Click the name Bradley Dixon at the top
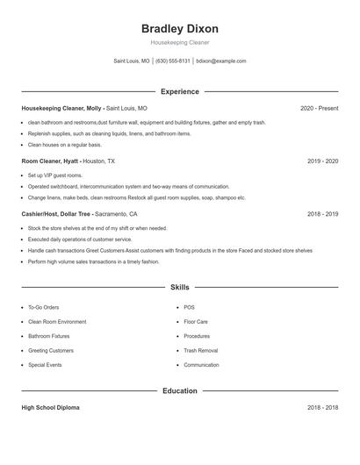(x=179, y=28)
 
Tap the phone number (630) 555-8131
(x=173, y=61)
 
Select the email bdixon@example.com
(x=221, y=61)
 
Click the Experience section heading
(x=179, y=91)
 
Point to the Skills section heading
(x=179, y=287)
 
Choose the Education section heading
(x=179, y=390)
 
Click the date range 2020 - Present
(x=319, y=108)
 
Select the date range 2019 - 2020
(x=322, y=161)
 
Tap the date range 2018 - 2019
(x=322, y=213)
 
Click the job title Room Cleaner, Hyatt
(x=50, y=161)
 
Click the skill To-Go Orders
(x=43, y=308)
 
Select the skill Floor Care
(x=196, y=322)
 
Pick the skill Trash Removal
(x=200, y=350)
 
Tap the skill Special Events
(x=45, y=364)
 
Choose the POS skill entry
(x=189, y=308)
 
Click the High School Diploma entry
(x=51, y=408)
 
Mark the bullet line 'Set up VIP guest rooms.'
(x=54, y=175)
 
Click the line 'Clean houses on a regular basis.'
(x=64, y=144)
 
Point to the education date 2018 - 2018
(x=322, y=408)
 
